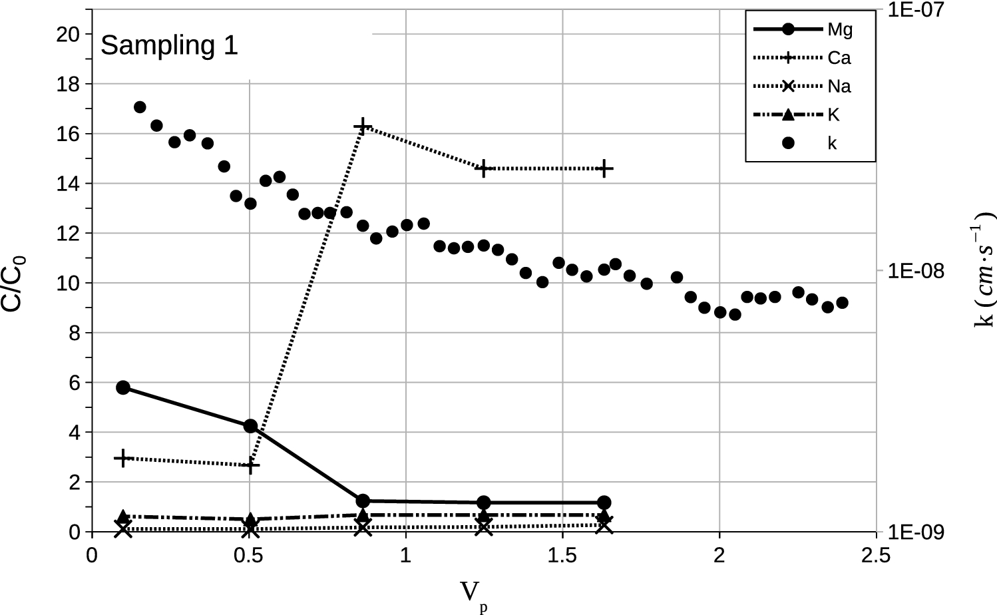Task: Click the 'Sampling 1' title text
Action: pos(169,45)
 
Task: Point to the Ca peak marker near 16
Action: pos(362,126)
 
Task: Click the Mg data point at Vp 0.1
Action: pos(123,387)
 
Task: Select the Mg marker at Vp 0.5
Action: pos(250,426)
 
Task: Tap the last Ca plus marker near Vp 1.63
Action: pos(604,168)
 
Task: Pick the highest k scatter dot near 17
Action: pos(140,107)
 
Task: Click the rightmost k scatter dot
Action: pos(842,303)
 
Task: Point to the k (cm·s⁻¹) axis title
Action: pos(984,270)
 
